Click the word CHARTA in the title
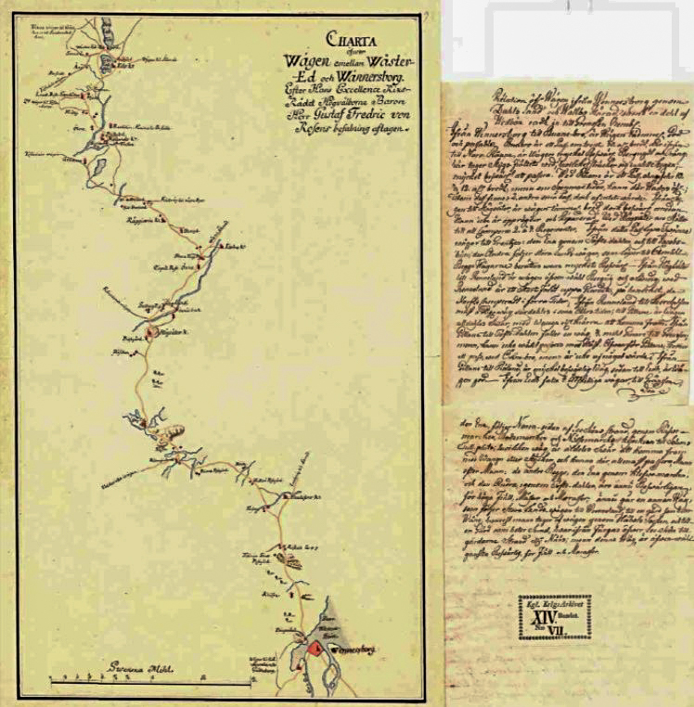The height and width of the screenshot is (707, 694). [x=345, y=39]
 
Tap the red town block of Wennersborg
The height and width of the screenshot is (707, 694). [x=315, y=649]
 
